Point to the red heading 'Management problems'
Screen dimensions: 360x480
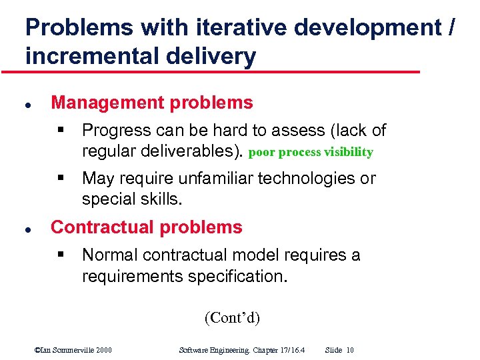coord(152,103)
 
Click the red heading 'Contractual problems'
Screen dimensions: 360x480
coord(147,227)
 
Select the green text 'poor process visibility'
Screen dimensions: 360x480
coord(311,152)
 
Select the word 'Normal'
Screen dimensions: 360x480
coord(109,255)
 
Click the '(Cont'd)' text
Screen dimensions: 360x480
coord(232,317)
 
